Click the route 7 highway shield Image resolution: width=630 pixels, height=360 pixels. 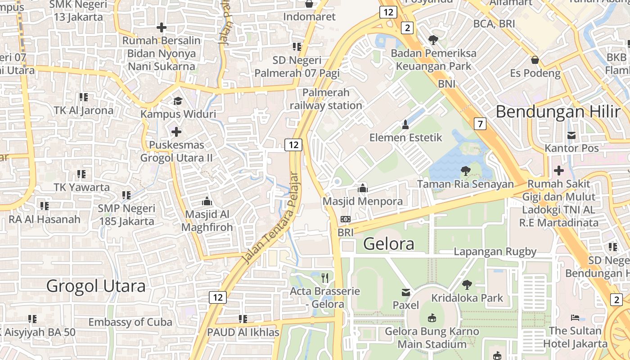tap(480, 123)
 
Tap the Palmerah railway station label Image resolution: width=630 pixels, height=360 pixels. tap(326, 99)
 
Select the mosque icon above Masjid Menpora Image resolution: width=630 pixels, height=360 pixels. tap(363, 188)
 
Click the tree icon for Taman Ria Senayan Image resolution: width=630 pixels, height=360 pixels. tap(465, 171)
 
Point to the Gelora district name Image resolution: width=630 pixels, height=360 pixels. tap(388, 244)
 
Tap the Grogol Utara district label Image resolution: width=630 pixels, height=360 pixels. tap(96, 286)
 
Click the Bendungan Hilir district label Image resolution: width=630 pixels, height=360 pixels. tap(558, 112)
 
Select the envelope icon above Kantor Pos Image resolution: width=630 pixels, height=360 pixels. tap(571, 135)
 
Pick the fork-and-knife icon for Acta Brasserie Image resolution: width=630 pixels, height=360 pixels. tap(325, 278)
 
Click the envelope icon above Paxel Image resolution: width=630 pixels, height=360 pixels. tap(406, 292)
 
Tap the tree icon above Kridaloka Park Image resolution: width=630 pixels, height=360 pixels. tap(467, 284)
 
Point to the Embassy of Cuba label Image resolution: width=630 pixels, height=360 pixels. tap(130, 322)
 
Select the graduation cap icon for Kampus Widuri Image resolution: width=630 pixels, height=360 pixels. tap(178, 101)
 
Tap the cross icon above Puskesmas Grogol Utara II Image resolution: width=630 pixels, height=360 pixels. tap(176, 132)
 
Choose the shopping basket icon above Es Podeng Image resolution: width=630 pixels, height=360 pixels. tap(535, 60)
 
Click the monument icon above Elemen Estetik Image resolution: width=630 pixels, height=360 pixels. tap(405, 124)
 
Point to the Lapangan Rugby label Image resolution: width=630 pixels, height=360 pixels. tap(495, 252)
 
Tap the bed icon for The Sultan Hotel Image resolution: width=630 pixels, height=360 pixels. tap(575, 318)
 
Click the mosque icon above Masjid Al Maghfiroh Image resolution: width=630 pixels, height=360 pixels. tap(207, 201)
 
